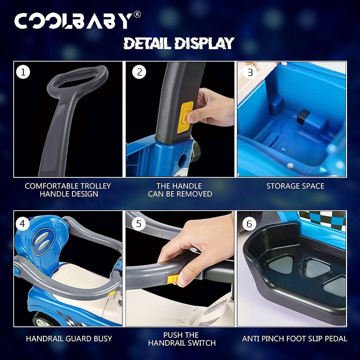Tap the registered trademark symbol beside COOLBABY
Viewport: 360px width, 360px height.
(137, 14)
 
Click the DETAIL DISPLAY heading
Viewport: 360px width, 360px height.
(179, 44)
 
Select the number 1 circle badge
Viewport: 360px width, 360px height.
(23, 72)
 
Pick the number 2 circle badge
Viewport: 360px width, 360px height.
(139, 72)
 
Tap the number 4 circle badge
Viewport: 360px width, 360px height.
(22, 224)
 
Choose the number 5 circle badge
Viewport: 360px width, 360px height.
(139, 224)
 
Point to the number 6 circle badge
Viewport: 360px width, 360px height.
(249, 224)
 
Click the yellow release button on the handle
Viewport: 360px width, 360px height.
(185, 117)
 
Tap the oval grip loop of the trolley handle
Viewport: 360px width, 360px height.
(78, 80)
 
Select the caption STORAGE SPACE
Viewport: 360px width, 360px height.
(295, 186)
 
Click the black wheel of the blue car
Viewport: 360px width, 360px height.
(42, 319)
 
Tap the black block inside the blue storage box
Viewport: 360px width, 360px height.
(303, 117)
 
